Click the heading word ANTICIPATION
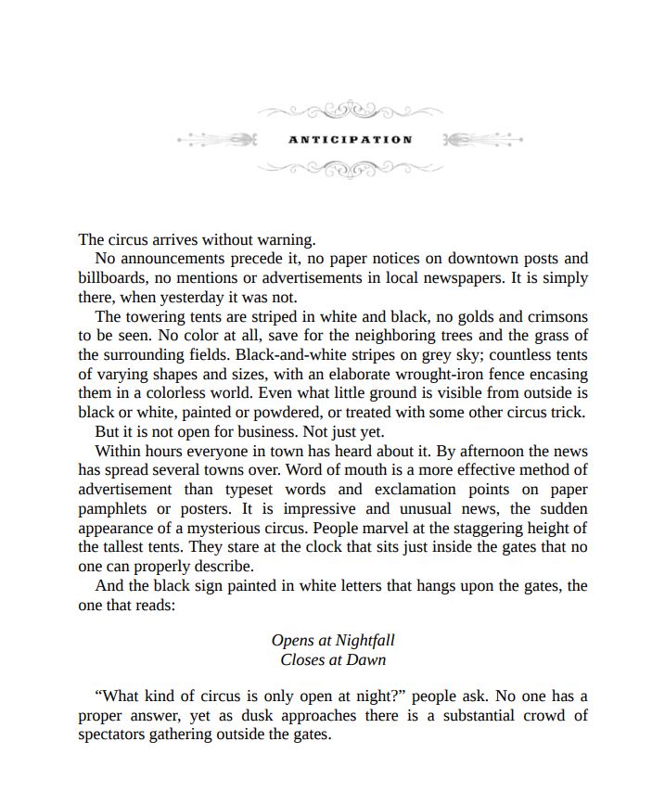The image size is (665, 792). click(x=350, y=140)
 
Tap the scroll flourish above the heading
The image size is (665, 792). click(x=350, y=111)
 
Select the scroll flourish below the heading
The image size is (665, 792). click(x=350, y=169)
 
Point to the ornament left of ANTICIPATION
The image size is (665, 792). click(x=217, y=140)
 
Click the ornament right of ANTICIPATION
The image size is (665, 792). click(x=482, y=140)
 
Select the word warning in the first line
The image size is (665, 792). click(x=286, y=239)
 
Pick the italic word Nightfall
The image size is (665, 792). click(x=364, y=640)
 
